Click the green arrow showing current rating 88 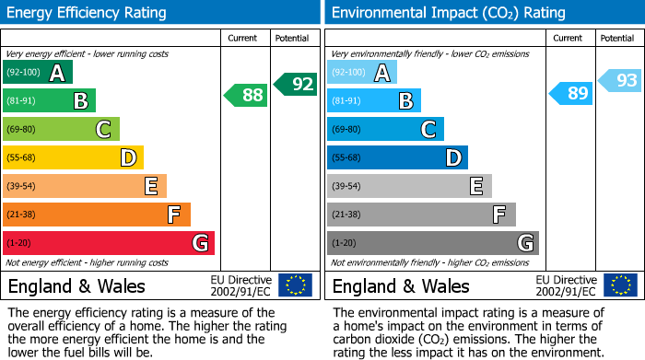[246, 94]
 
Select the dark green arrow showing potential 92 [296, 84]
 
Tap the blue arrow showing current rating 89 [571, 93]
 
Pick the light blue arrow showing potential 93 [620, 81]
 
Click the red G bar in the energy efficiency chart [109, 243]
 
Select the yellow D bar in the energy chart [73, 157]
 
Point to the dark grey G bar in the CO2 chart [432, 243]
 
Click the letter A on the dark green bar [57, 73]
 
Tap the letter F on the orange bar [172, 215]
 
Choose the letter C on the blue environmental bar [428, 130]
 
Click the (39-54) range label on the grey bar [347, 187]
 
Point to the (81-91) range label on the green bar [21, 101]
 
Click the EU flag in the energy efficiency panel [295, 285]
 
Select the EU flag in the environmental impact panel [619, 285]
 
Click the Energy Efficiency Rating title [88, 13]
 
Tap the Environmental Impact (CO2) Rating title [448, 13]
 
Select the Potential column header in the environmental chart [617, 38]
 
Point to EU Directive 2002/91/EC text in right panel [566, 285]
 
